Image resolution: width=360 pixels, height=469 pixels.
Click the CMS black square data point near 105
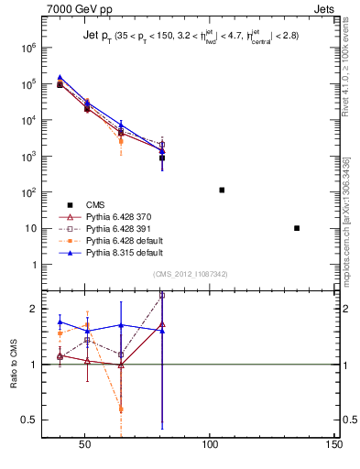(222, 190)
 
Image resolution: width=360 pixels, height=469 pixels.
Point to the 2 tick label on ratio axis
(34, 309)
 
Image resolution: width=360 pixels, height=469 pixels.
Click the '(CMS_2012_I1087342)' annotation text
(190, 274)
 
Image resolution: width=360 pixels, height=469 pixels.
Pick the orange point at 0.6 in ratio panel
(122, 409)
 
